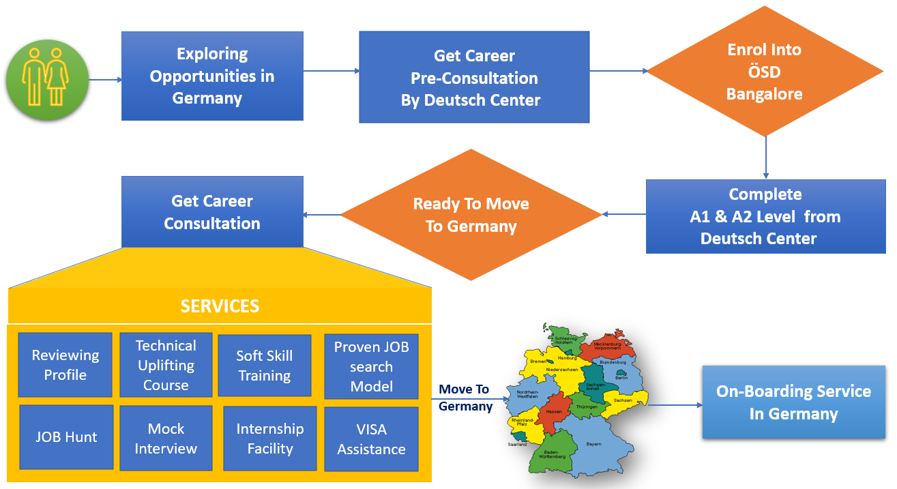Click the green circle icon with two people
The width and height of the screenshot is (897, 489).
pos(47,80)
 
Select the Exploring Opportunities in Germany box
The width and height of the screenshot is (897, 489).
pos(212,76)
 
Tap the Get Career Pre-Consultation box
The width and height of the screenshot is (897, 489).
pos(474,77)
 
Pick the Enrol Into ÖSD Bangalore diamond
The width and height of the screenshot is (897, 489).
pos(765,71)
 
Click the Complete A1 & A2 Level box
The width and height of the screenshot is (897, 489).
pos(765,216)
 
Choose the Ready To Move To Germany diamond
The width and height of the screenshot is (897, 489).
pos(471,215)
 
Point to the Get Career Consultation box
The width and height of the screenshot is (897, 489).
pos(212,212)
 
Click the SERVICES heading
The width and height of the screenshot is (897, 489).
pos(220,306)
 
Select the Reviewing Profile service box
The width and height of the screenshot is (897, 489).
pos(65,365)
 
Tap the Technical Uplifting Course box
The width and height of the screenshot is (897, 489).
pos(166,365)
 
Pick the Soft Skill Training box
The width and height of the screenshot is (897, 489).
pos(264,366)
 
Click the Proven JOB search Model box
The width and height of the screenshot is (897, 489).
pos(371,366)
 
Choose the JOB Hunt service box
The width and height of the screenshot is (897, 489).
pos(66,437)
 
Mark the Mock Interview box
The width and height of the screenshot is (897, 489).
pos(166,439)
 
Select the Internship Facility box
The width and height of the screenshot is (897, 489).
pos(269,439)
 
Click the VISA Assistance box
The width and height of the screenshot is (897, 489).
pos(371,439)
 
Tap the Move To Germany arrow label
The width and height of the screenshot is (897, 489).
pos(465,398)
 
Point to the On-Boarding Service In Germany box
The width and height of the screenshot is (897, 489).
pos(793,402)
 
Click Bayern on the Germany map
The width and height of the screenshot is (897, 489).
pos(593,444)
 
